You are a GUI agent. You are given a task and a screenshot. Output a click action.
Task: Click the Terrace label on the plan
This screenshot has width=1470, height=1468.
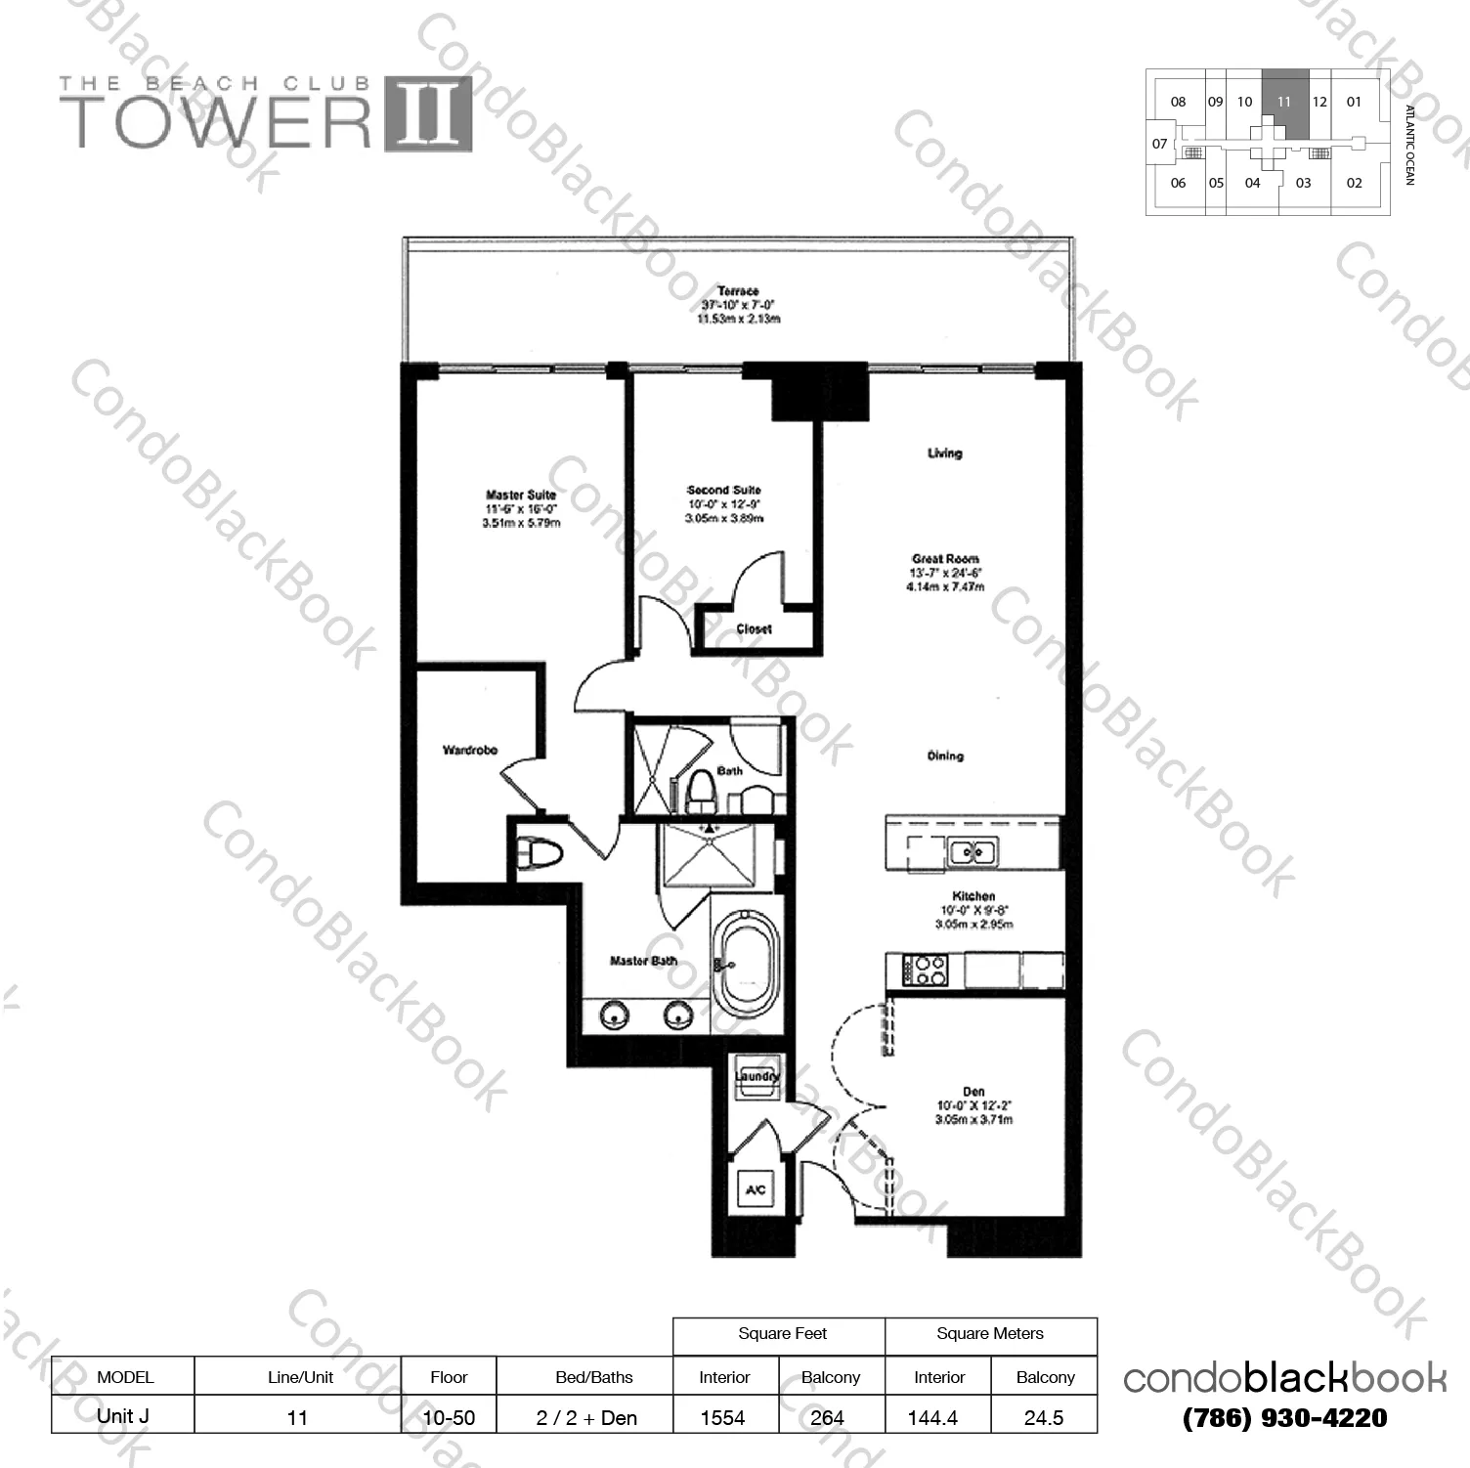[x=738, y=292]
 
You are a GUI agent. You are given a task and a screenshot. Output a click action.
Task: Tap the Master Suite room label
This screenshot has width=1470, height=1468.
[x=521, y=496]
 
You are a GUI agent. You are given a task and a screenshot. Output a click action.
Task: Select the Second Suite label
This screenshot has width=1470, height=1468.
[x=723, y=491]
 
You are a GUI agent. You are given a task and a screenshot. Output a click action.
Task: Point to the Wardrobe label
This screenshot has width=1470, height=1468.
[x=470, y=751]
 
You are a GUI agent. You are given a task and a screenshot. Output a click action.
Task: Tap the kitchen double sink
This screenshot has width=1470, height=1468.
[x=973, y=852]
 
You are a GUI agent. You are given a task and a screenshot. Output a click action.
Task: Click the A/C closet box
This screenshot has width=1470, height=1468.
[x=756, y=1190]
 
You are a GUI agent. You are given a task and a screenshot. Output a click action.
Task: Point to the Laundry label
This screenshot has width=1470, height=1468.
[x=757, y=1077]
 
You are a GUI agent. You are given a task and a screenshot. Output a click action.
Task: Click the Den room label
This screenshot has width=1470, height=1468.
[x=973, y=1092]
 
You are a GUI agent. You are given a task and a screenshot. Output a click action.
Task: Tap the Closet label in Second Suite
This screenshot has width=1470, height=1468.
[x=754, y=629]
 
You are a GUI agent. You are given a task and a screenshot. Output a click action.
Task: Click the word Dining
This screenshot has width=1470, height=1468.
[x=945, y=756]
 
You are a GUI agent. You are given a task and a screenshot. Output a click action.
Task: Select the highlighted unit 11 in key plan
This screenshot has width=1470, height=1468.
[x=1284, y=102]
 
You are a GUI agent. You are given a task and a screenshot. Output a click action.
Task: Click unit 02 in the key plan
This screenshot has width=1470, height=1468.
[x=1354, y=183]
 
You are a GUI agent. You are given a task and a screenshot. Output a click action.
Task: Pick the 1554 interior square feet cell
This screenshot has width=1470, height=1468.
[x=723, y=1417]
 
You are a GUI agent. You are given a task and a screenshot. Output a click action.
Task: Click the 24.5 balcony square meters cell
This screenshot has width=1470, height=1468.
[x=1044, y=1417]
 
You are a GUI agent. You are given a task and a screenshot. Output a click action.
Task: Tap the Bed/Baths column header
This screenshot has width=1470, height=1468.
[x=593, y=1377]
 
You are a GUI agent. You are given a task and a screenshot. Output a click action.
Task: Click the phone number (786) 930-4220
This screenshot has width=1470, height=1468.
[x=1284, y=1418]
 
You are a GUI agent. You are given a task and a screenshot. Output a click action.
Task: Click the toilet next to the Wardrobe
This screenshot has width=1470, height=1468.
[x=540, y=855]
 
